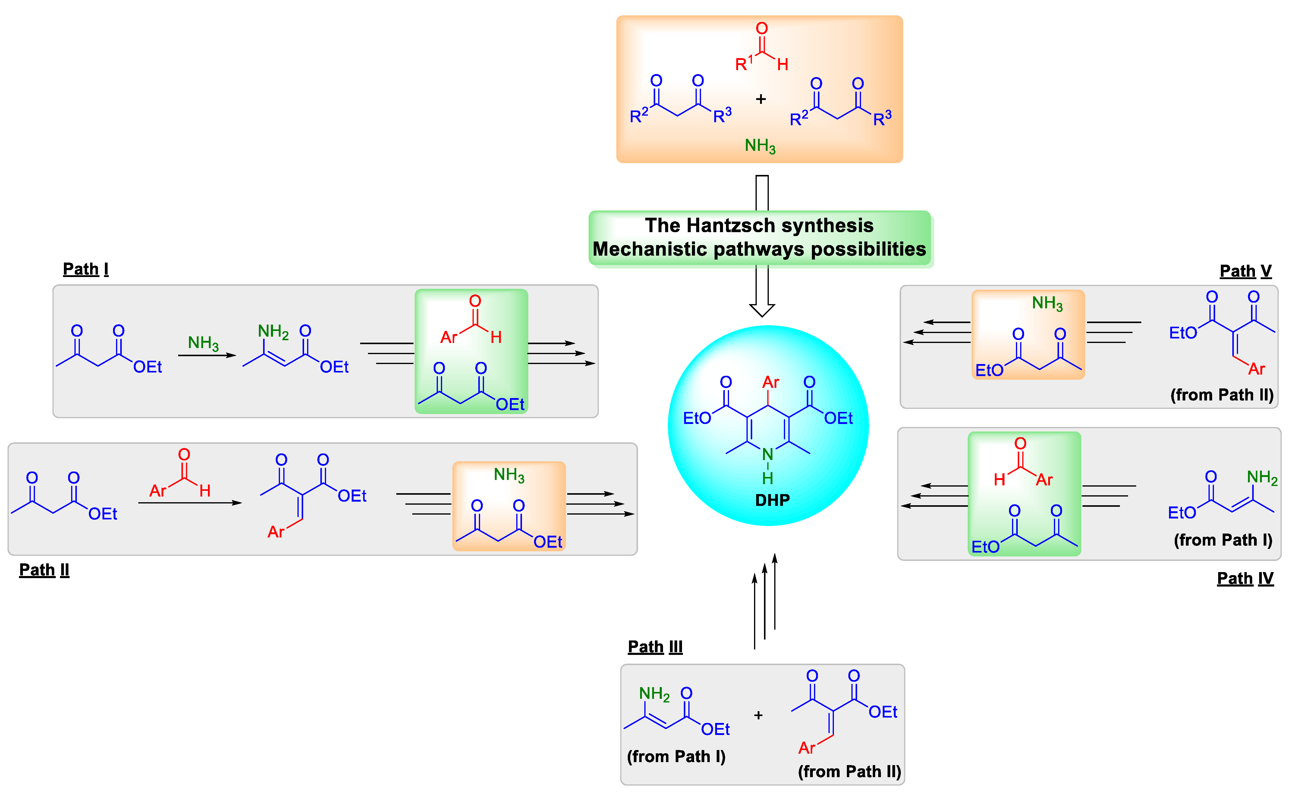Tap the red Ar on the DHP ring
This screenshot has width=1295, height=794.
tap(771, 382)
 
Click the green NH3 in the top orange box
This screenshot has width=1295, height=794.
tap(760, 145)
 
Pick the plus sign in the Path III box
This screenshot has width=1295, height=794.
tap(758, 715)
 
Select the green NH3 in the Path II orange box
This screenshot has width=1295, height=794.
tap(509, 475)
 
